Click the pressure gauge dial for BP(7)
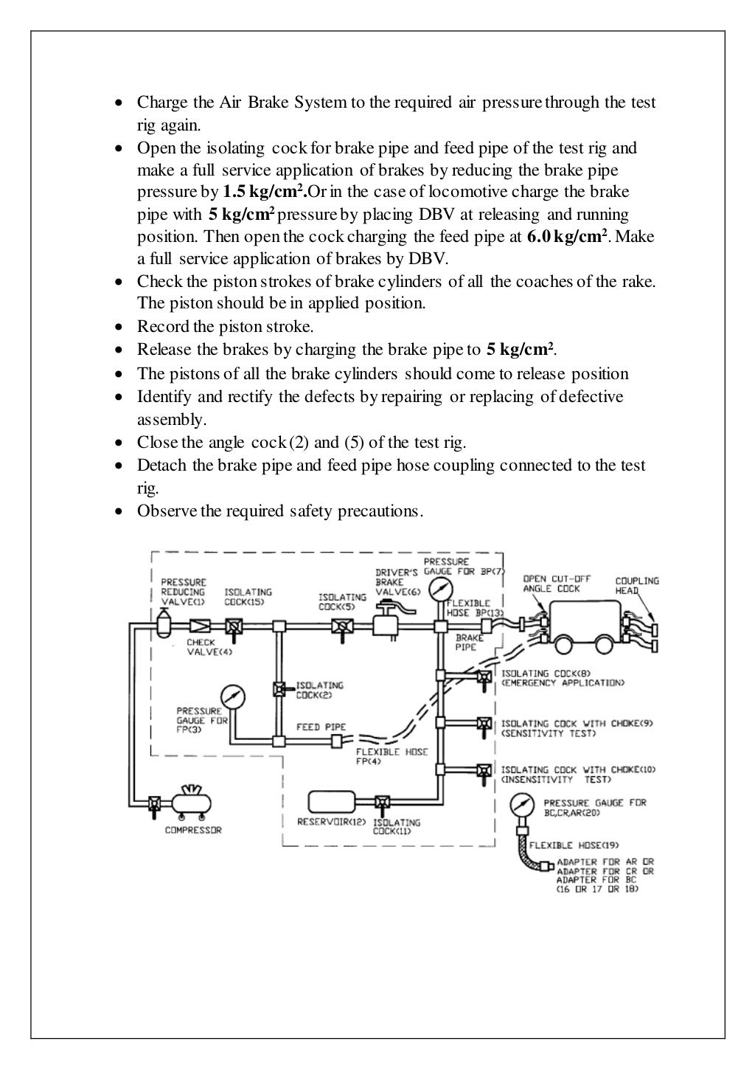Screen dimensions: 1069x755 point(441,590)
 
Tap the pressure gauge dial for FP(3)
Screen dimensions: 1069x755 point(233,696)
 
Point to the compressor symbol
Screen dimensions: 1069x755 point(189,803)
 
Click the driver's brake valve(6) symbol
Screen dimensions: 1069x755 point(387,623)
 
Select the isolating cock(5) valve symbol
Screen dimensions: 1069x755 point(342,627)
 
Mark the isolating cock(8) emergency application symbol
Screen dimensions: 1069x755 point(484,677)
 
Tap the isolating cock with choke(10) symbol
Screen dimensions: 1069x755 point(484,771)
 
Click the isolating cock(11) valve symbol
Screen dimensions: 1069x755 point(382,803)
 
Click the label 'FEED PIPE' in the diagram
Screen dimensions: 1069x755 point(321,727)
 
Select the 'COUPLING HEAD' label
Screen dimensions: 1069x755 point(637,586)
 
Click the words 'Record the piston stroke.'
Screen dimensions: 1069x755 point(225,326)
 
